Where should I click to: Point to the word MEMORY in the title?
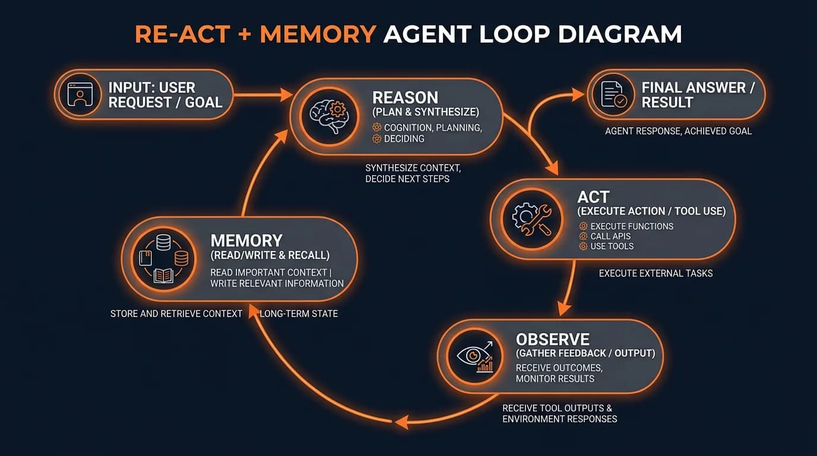(x=318, y=35)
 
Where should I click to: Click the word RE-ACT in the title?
(x=182, y=35)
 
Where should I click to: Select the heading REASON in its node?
(x=405, y=97)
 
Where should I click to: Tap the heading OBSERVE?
(x=552, y=340)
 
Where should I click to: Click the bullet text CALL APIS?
(x=610, y=236)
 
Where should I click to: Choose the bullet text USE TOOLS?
(x=612, y=246)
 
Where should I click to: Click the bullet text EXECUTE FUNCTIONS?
(x=632, y=226)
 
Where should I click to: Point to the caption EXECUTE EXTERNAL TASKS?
(x=655, y=274)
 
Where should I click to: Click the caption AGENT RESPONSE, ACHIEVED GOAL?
(x=678, y=131)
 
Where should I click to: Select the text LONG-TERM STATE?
(x=299, y=313)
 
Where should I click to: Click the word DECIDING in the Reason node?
(x=404, y=139)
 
